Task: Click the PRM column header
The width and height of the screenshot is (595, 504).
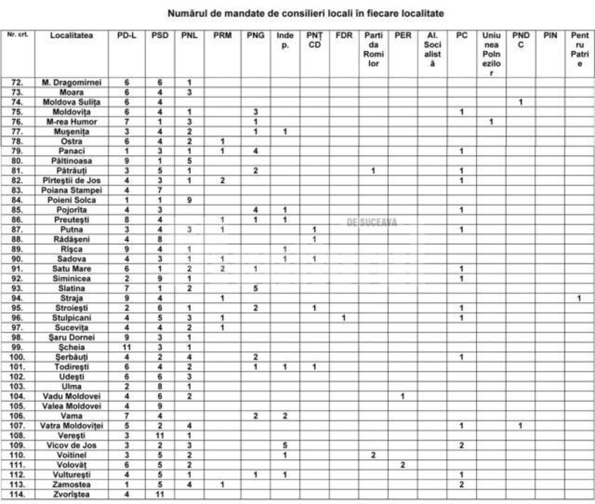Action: pos(222,35)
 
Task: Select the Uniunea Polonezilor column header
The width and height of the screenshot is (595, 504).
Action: pos(491,54)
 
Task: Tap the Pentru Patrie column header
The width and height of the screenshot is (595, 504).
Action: pos(580,49)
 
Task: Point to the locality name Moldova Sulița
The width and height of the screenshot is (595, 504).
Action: pos(72,102)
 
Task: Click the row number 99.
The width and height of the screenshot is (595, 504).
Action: pos(17,347)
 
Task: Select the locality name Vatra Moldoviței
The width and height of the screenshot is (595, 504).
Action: pos(72,426)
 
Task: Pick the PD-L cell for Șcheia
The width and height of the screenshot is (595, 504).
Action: pos(126,347)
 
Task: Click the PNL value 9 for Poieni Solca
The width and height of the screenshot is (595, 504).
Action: pos(189,200)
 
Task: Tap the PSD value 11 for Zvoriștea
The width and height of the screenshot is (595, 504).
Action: pos(160,494)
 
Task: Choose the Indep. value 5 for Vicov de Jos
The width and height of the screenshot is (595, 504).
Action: pos(285,445)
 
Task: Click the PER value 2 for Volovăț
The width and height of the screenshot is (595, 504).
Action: pos(403,465)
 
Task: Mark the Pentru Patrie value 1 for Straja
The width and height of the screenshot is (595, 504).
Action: pos(579,298)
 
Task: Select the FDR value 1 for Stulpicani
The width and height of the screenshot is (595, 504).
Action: pos(344,318)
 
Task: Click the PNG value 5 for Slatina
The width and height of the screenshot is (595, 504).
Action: pos(255,288)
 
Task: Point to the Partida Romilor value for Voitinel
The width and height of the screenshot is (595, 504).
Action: pos(373,455)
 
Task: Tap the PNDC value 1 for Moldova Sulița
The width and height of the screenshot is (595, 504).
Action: pos(521,102)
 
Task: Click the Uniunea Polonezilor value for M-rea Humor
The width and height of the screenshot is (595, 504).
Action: pos(491,122)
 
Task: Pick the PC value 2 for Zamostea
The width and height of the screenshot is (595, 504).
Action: pos(461,484)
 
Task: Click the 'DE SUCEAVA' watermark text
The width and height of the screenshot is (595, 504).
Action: pos(372,222)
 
